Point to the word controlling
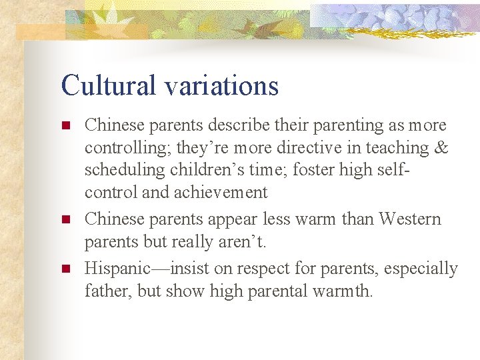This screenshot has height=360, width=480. click(127, 148)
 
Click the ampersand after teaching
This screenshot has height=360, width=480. click(440, 147)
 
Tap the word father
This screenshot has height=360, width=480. click(105, 291)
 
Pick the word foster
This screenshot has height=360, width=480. click(318, 169)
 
